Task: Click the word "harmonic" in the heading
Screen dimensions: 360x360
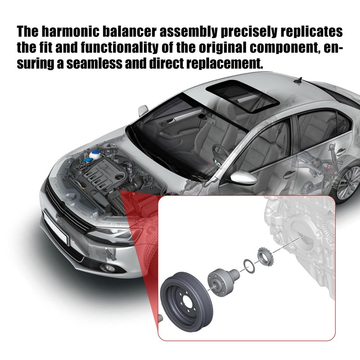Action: [x=70, y=31]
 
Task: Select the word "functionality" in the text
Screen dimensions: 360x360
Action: [x=120, y=47]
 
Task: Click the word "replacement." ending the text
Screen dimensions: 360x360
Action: [x=224, y=63]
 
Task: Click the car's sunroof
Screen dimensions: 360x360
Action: [x=242, y=96]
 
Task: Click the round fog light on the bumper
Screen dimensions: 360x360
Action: [x=108, y=267]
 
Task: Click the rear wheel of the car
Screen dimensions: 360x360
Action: [x=348, y=181]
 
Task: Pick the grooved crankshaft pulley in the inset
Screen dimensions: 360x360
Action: [x=186, y=302]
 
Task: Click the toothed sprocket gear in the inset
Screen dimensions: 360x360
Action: [x=265, y=256]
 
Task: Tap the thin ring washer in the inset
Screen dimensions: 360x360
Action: [x=249, y=266]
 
